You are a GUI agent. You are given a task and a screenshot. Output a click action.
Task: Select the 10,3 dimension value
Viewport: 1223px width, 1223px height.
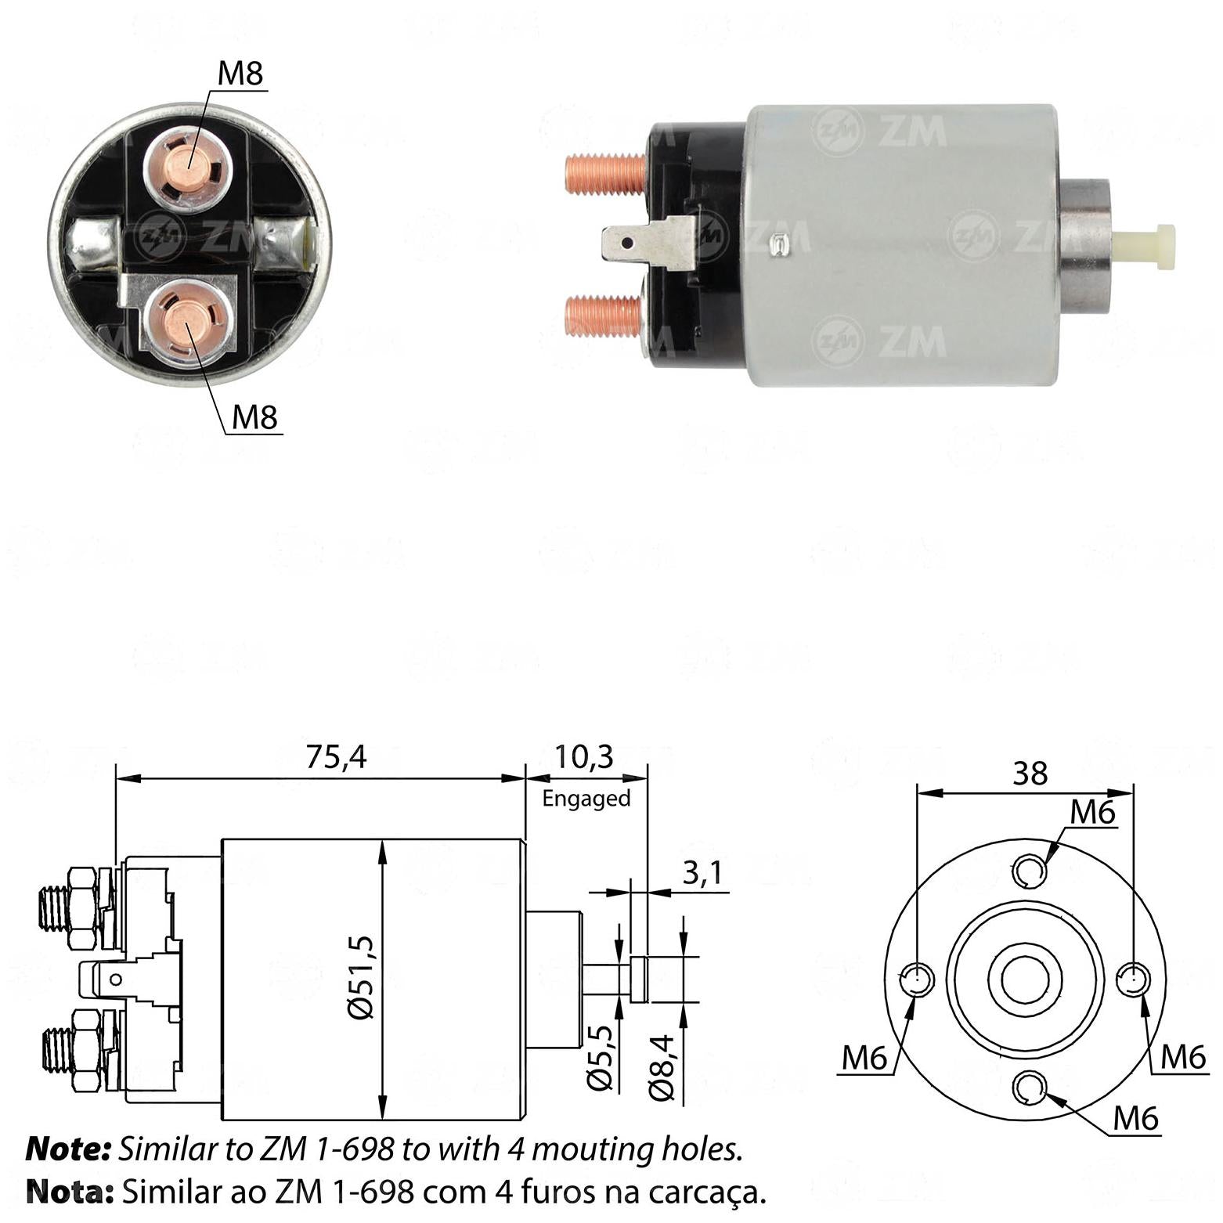point(584,757)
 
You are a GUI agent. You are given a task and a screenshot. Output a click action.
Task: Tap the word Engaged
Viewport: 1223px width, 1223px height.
point(586,799)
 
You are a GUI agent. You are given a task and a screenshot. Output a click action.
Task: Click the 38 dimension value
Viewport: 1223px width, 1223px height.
point(1030,774)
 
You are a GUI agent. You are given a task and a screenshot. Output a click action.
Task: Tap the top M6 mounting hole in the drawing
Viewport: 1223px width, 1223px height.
point(1030,870)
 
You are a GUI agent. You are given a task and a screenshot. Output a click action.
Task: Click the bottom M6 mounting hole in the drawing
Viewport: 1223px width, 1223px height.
point(1030,1088)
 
